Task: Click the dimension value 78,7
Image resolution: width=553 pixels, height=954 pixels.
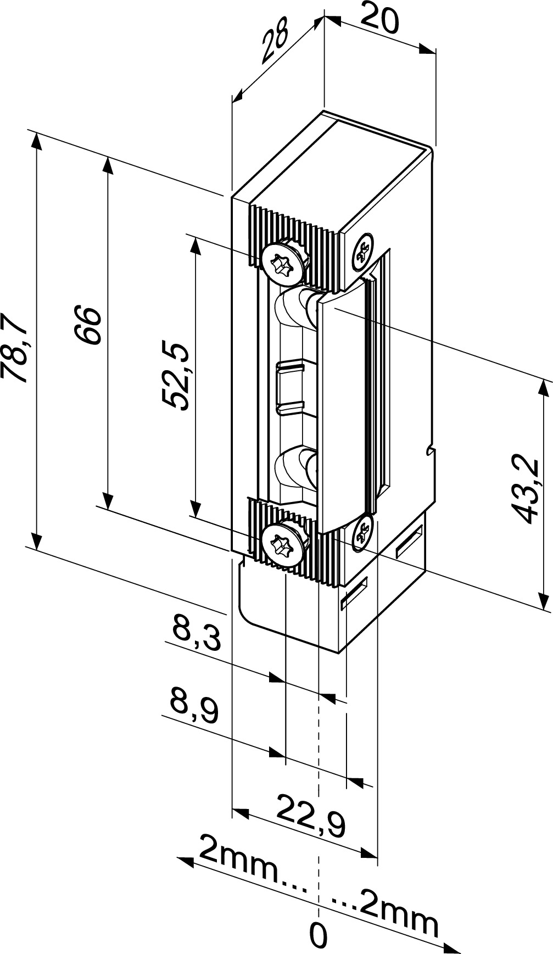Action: click(13, 347)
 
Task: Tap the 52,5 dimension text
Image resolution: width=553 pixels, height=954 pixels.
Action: click(176, 376)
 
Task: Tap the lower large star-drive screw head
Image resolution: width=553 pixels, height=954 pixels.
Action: click(283, 542)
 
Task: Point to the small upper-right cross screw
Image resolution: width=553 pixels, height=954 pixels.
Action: click(362, 251)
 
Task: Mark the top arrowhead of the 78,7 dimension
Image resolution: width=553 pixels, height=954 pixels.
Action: click(36, 140)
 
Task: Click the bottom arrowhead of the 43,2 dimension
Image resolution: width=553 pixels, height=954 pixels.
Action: click(544, 601)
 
